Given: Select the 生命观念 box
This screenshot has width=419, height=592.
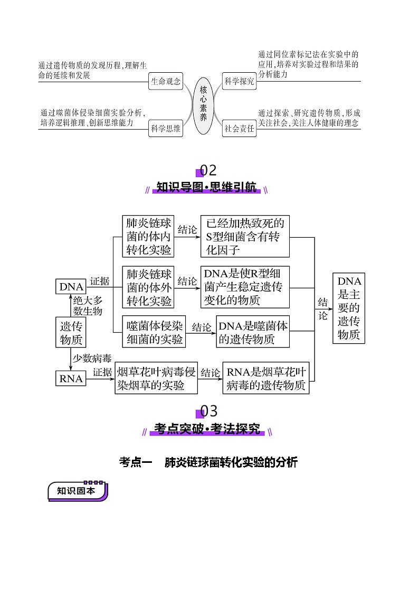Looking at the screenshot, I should (x=166, y=82).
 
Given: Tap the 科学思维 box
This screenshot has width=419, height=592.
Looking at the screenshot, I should (x=166, y=128).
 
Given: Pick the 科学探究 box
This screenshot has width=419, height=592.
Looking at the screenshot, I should (x=240, y=82).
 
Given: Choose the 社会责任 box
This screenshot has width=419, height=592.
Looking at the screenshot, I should (x=240, y=128).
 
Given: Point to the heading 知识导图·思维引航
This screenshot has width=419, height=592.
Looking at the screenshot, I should (x=206, y=187).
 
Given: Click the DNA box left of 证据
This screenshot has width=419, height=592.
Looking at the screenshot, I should (x=71, y=287).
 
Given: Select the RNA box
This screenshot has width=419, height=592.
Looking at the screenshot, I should (x=71, y=379).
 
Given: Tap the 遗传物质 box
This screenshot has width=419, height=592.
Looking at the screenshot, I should (x=71, y=332).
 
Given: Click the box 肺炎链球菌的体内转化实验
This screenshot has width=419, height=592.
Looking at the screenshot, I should (x=148, y=237).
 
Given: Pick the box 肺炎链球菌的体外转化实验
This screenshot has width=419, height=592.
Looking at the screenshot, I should (x=148, y=287).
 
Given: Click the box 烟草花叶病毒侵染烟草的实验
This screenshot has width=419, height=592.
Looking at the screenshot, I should (x=156, y=379).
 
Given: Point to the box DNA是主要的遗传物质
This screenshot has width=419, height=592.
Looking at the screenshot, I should (x=349, y=308).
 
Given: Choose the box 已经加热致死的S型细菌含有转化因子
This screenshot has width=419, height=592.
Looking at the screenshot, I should (x=245, y=237).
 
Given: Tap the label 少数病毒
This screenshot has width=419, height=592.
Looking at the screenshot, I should (x=92, y=358).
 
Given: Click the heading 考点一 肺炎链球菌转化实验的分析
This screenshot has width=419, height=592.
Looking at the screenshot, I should (x=209, y=463).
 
